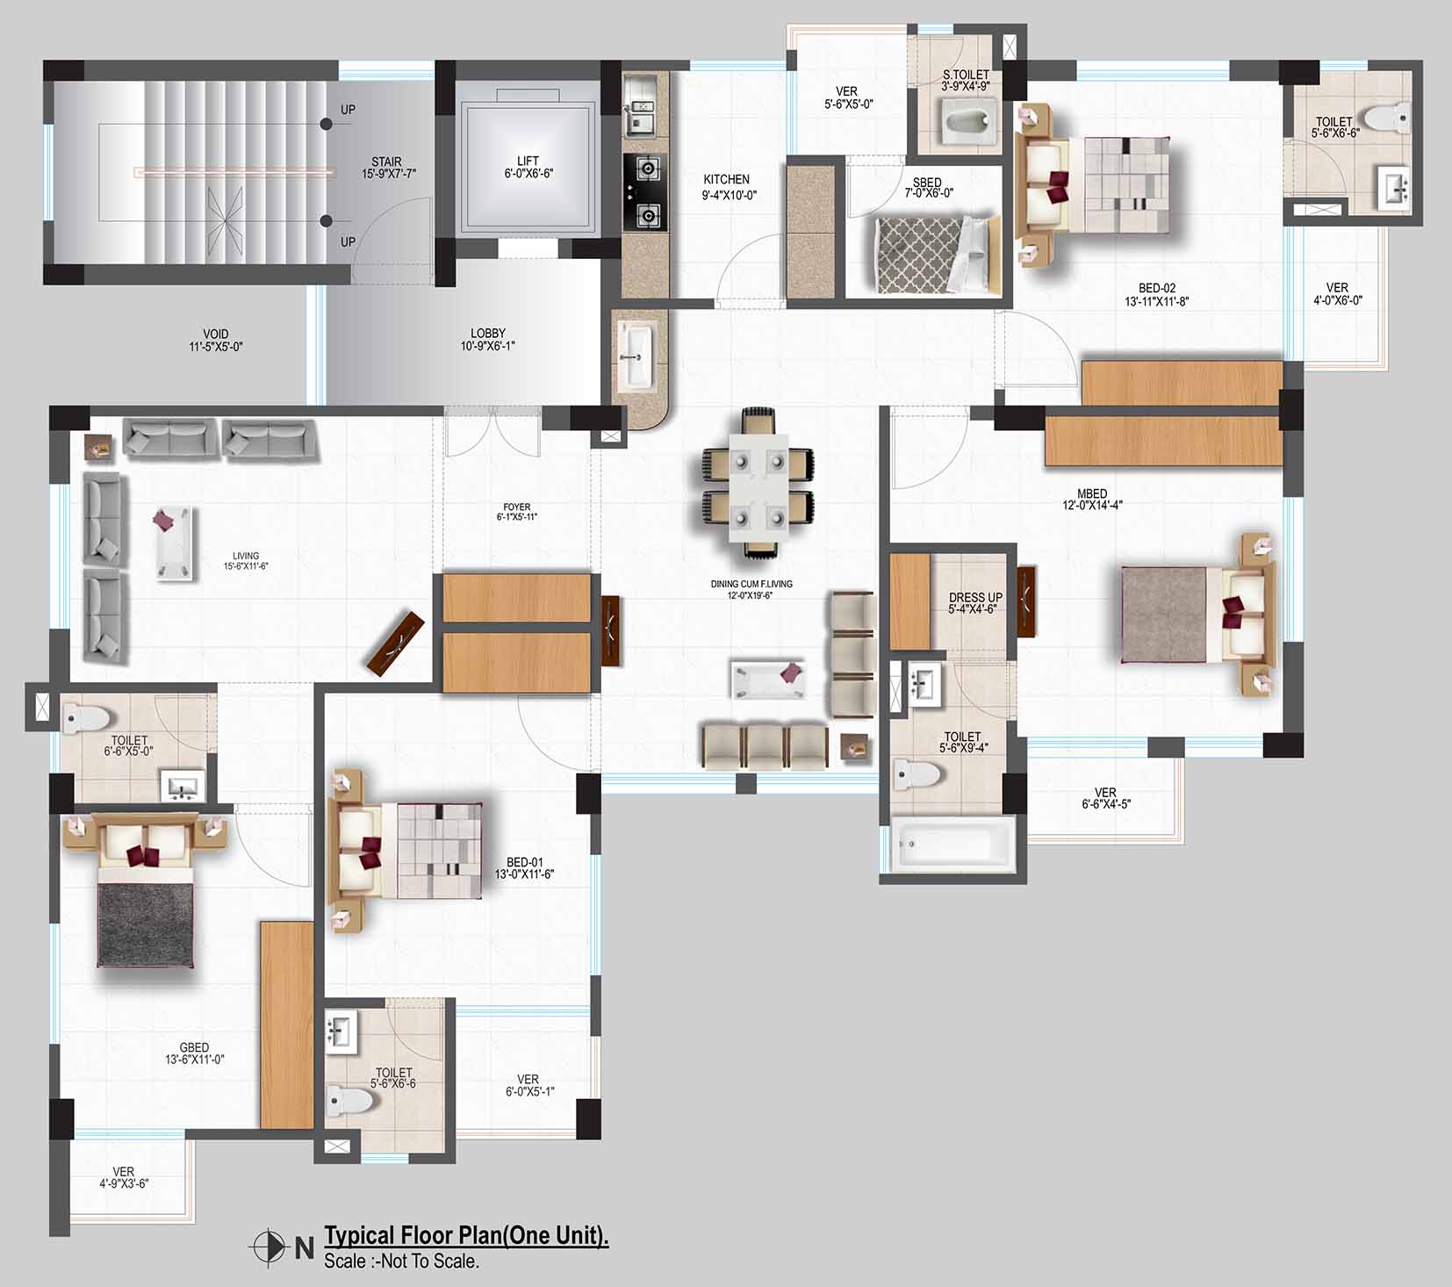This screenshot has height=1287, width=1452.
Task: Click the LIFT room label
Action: [x=528, y=161]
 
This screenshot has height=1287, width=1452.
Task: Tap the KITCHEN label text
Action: [x=726, y=179]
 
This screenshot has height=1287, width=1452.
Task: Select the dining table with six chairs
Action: [x=758, y=482]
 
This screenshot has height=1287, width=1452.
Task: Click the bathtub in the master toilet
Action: [x=953, y=845]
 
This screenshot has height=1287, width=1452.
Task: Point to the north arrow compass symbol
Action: [x=270, y=1246]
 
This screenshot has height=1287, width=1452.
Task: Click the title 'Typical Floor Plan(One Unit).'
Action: [x=466, y=1235]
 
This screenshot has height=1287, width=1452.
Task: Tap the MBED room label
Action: [x=1092, y=493]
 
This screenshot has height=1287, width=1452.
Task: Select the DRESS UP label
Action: [x=975, y=597]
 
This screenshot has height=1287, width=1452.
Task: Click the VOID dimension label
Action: [x=216, y=347]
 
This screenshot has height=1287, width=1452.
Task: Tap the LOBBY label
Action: [x=488, y=334]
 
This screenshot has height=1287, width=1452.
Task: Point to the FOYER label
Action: [x=516, y=507]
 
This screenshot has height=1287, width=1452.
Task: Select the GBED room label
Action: [x=194, y=1047]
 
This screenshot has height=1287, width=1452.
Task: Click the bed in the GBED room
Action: [x=146, y=891]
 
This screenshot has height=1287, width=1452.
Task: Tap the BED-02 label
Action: [x=1157, y=288]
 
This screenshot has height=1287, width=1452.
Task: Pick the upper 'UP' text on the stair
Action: [x=349, y=110]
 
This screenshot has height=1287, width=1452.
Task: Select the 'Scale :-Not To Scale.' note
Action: [x=401, y=1262]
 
